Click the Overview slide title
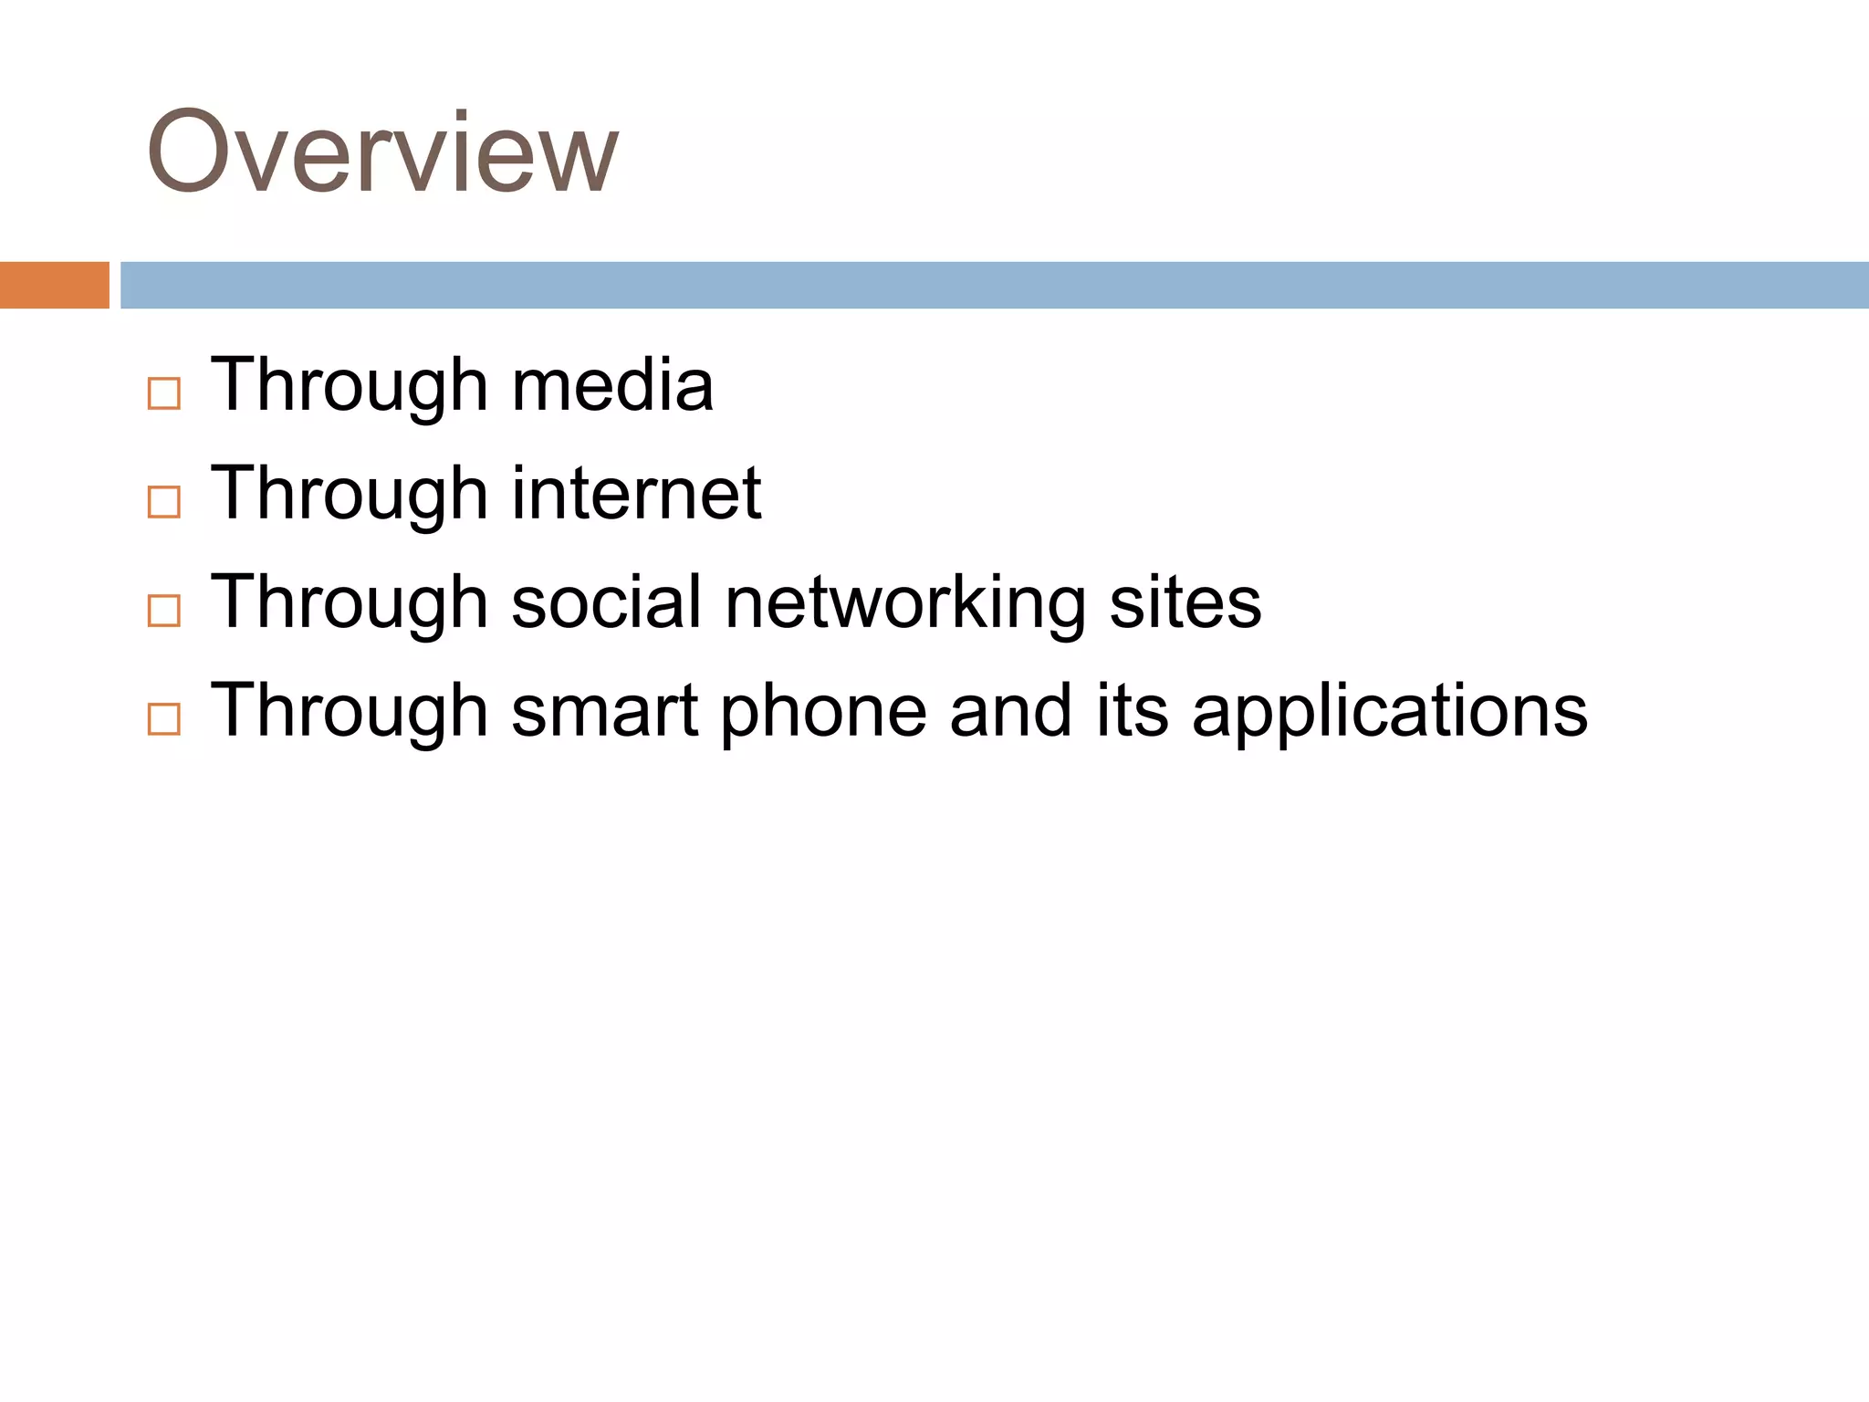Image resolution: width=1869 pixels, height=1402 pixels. (382, 152)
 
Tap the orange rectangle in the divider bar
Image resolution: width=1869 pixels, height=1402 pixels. (54, 285)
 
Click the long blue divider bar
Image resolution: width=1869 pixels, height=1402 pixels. (994, 285)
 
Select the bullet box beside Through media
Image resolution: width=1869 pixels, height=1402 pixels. (164, 393)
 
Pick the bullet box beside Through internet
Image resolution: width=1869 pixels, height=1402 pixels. (164, 502)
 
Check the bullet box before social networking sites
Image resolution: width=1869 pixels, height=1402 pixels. (164, 611)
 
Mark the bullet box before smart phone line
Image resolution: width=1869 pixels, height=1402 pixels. (164, 719)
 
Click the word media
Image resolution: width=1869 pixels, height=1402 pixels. (612, 385)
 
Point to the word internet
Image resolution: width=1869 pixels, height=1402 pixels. (636, 494)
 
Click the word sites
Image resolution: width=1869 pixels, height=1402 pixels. (1185, 602)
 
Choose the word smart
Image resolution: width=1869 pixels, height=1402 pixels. (604, 711)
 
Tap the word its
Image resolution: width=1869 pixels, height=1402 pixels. (1132, 711)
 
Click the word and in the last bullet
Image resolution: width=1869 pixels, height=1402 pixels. (1010, 711)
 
